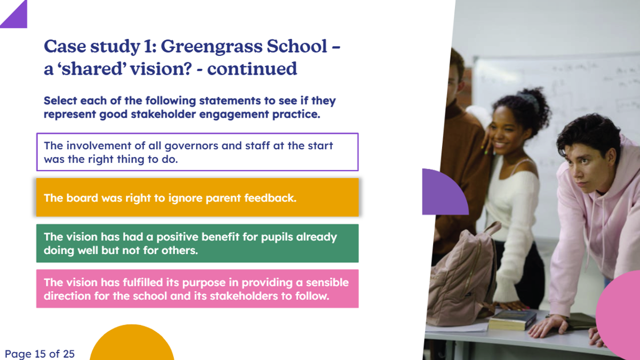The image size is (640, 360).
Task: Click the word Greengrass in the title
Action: pos(211,46)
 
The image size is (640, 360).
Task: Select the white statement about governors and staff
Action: pos(197,152)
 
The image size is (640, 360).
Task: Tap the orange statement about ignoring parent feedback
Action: pos(197,197)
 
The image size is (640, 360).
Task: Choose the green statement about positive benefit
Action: pos(197,243)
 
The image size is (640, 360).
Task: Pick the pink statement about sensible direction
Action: pos(197,289)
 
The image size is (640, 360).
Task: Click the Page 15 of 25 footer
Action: pos(39,354)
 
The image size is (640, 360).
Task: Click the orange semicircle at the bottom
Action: pos(132,343)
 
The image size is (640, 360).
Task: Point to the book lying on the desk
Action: pos(513,319)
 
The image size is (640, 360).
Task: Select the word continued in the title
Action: pos(252,69)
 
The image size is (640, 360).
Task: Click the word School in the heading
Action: pos(297,46)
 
